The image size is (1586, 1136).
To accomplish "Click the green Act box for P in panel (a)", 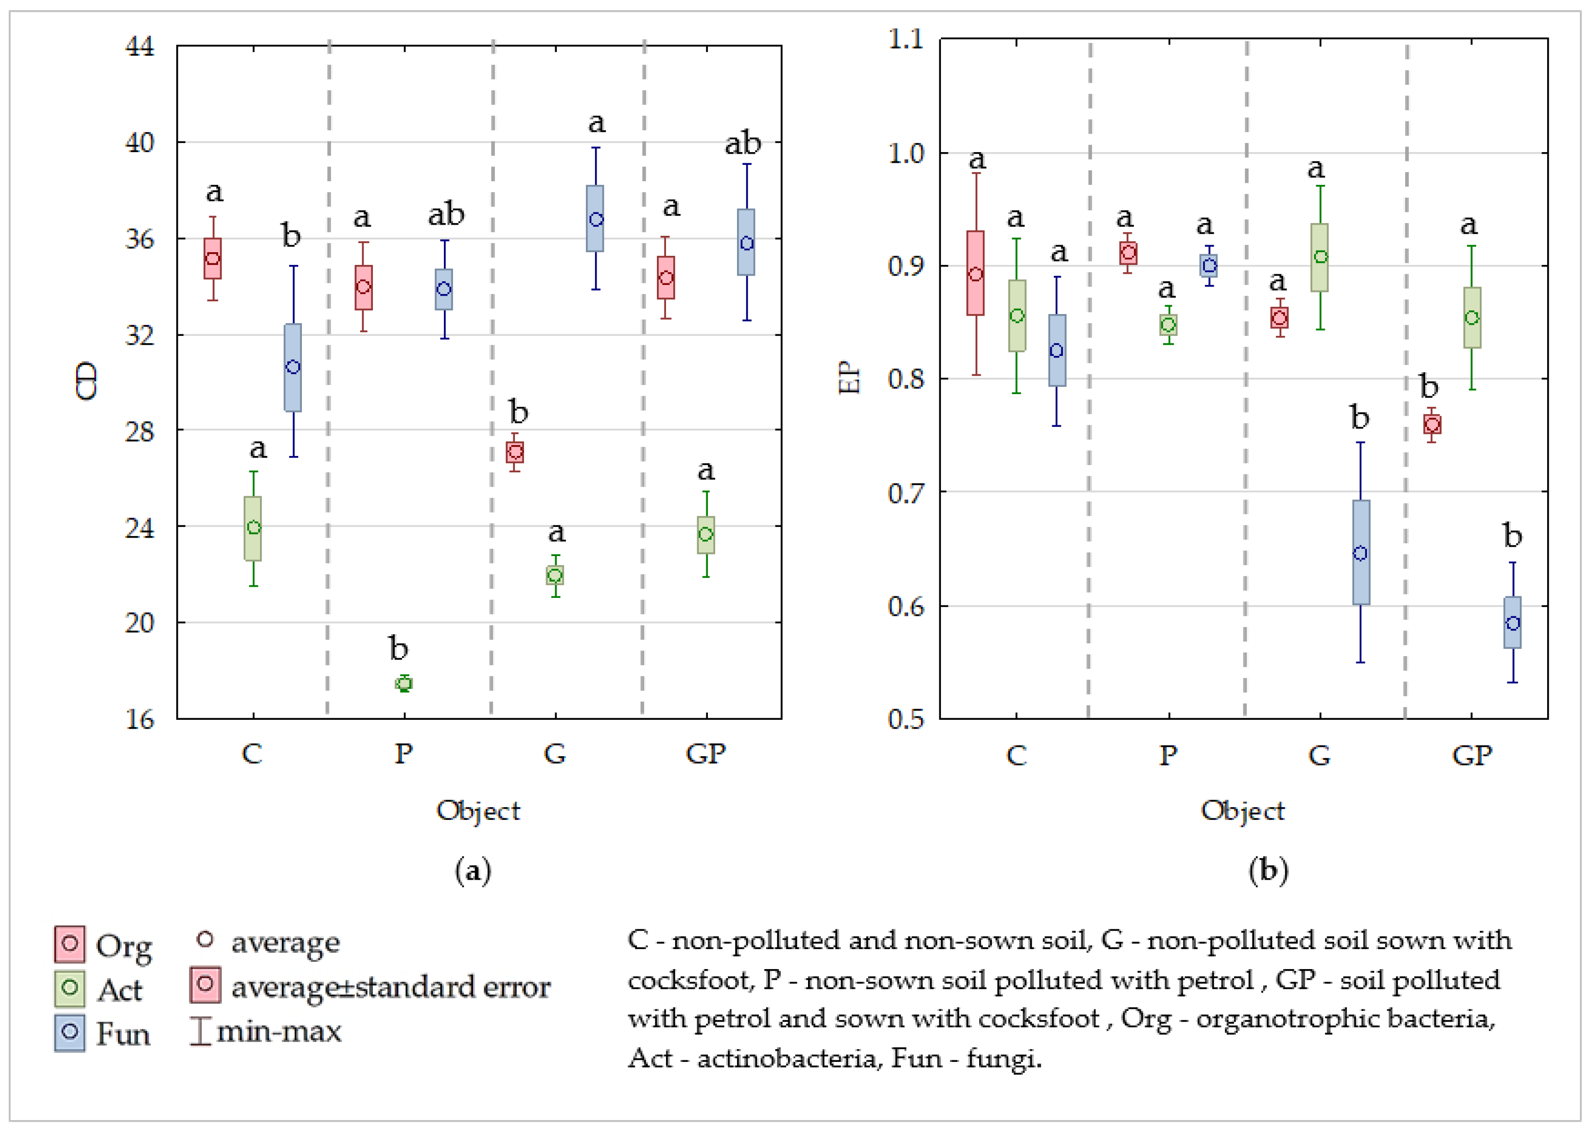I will coord(404,683).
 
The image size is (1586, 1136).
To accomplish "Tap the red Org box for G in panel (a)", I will coord(515,452).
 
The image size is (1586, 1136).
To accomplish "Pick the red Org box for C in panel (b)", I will coord(976,273).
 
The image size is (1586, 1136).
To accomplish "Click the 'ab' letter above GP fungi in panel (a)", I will coord(742,143).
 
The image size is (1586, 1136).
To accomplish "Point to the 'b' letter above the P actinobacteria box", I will coord(398,648).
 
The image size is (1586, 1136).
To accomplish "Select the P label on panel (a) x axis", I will coord(404,754).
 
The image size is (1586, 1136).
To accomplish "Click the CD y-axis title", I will coord(87,381).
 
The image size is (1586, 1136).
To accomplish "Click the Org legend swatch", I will coord(70,944).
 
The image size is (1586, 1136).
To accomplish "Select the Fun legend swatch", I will coord(70,1032).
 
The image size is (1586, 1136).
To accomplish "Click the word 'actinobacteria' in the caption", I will coord(786,1058).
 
